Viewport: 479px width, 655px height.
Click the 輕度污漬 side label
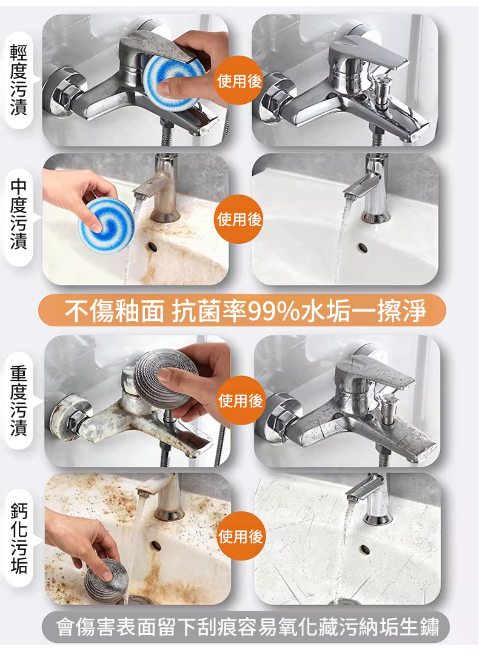click(19, 80)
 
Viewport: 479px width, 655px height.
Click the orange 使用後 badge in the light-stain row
click(239, 80)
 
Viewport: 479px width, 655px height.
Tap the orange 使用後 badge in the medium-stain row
click(239, 219)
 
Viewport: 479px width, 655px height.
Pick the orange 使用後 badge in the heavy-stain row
click(241, 400)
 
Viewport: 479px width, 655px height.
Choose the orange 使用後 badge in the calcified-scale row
click(241, 536)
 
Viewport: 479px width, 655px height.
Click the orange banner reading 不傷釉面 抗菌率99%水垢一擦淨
click(242, 311)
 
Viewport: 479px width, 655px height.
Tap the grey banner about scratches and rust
click(246, 627)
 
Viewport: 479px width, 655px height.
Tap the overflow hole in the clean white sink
click(363, 247)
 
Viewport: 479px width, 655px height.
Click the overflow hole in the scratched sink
click(364, 549)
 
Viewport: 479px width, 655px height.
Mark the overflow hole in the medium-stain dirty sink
click(152, 247)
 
